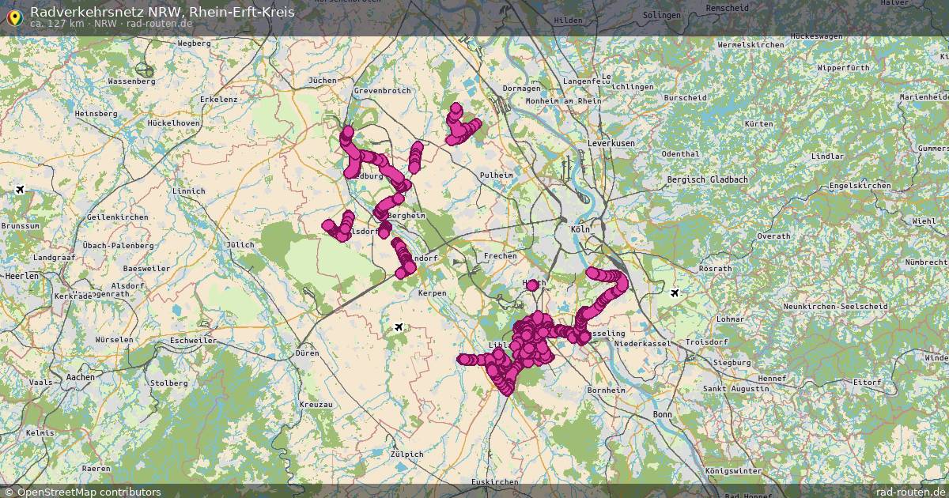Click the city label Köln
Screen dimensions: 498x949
click(x=580, y=229)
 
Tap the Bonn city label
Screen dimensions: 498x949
click(x=661, y=414)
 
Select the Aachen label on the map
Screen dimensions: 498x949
click(x=80, y=377)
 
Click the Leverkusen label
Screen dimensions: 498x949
click(x=611, y=143)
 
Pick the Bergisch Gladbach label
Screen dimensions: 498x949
click(x=707, y=180)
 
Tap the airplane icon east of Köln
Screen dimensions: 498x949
click(x=674, y=293)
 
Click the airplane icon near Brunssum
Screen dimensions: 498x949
click(x=20, y=189)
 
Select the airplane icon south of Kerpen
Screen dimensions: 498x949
click(x=399, y=326)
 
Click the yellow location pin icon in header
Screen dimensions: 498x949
click(x=13, y=17)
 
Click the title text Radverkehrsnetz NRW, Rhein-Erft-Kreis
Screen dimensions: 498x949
click(x=162, y=12)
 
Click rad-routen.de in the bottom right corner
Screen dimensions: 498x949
click(x=910, y=492)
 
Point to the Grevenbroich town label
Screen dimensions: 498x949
click(x=382, y=91)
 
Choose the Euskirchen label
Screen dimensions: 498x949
click(x=493, y=481)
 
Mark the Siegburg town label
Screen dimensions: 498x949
click(x=732, y=362)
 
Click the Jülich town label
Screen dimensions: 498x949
click(x=240, y=245)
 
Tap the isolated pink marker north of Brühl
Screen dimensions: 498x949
click(x=532, y=285)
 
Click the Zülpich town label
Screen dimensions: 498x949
click(x=407, y=455)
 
